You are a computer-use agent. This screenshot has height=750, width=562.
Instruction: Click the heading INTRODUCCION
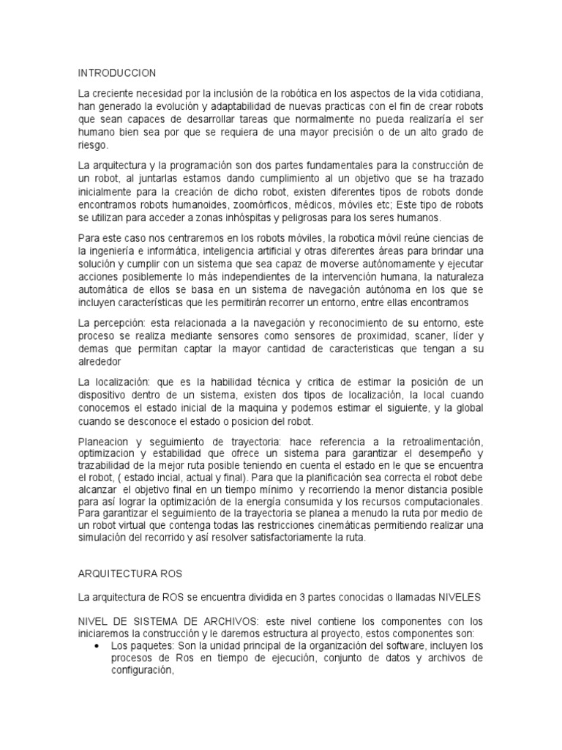tap(116, 73)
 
